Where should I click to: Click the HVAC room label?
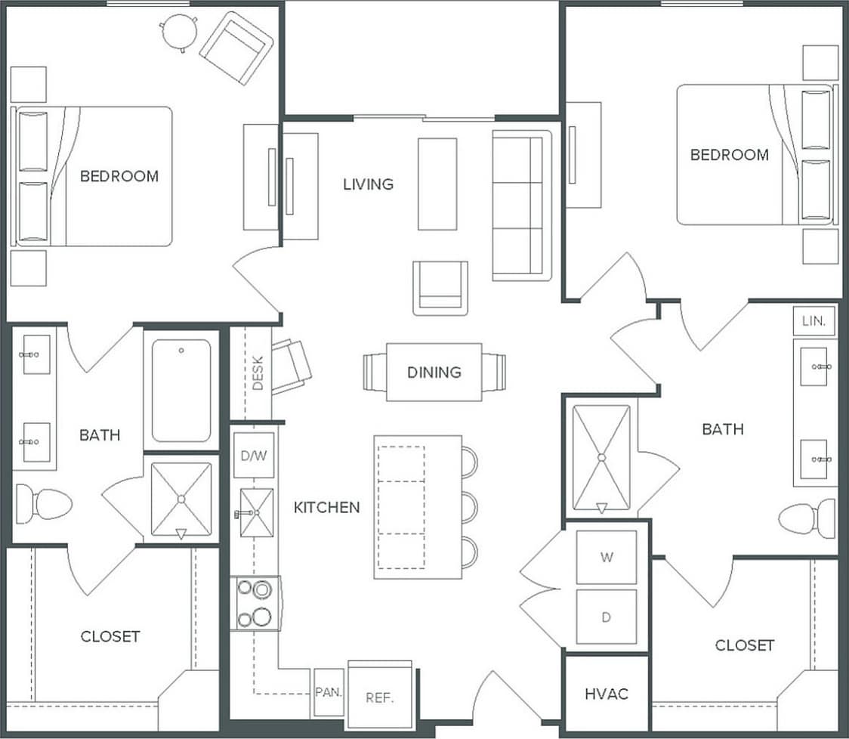607,694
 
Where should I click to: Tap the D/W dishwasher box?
253,456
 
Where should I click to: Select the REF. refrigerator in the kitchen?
380,697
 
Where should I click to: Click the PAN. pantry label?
329,691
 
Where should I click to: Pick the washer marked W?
606,558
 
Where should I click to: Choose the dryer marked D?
606,617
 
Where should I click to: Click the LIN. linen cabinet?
815,321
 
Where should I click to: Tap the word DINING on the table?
434,372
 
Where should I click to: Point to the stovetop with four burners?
255,603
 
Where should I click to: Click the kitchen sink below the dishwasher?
255,512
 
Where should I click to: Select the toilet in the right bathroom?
807,518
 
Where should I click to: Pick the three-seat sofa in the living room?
522,204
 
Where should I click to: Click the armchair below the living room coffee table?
440,288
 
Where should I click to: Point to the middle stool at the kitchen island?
468,506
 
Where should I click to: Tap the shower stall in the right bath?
601,458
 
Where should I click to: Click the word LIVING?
368,184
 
